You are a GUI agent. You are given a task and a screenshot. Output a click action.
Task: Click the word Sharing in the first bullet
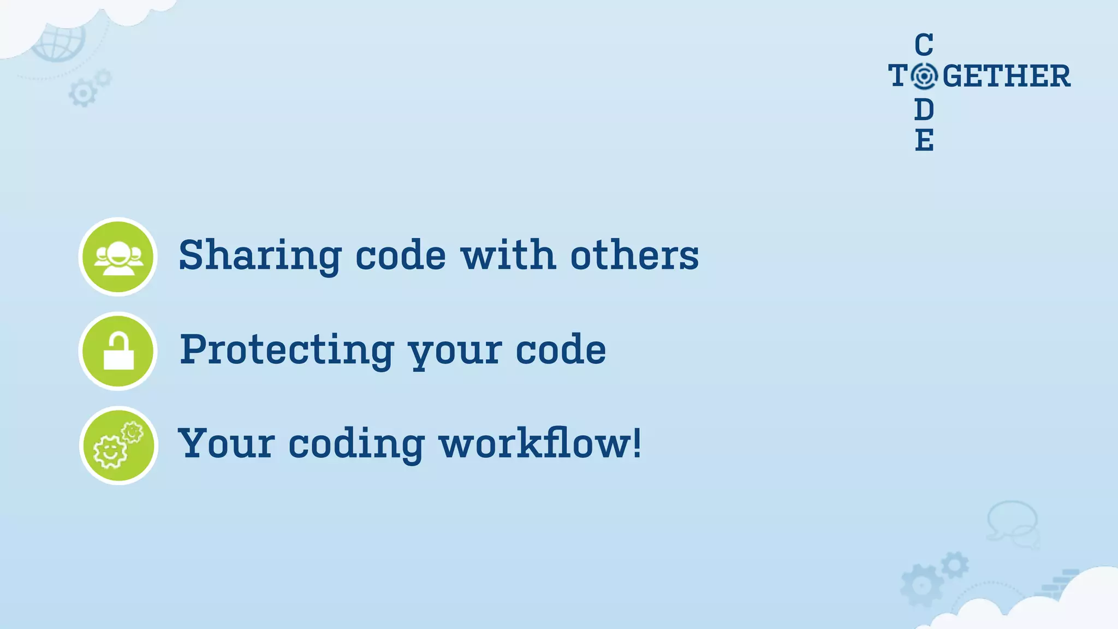(260, 256)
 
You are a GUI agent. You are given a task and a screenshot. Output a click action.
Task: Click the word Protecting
(287, 350)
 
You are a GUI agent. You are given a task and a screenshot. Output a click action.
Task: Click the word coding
(356, 444)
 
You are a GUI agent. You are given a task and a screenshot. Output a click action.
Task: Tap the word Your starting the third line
(226, 443)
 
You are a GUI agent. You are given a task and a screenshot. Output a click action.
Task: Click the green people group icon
(118, 257)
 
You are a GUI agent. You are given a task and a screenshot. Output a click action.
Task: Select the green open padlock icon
(118, 351)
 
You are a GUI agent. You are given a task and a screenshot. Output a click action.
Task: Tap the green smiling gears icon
(118, 446)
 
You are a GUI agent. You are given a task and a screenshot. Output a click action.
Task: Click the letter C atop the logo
(924, 45)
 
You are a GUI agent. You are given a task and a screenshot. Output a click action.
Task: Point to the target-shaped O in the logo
(924, 76)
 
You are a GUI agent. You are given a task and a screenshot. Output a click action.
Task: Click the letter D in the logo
(924, 110)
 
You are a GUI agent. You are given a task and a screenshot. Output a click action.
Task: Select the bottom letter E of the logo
(924, 140)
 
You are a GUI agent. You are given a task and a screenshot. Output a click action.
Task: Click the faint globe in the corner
(59, 41)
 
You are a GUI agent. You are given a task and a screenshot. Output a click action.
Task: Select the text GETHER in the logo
(1006, 76)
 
